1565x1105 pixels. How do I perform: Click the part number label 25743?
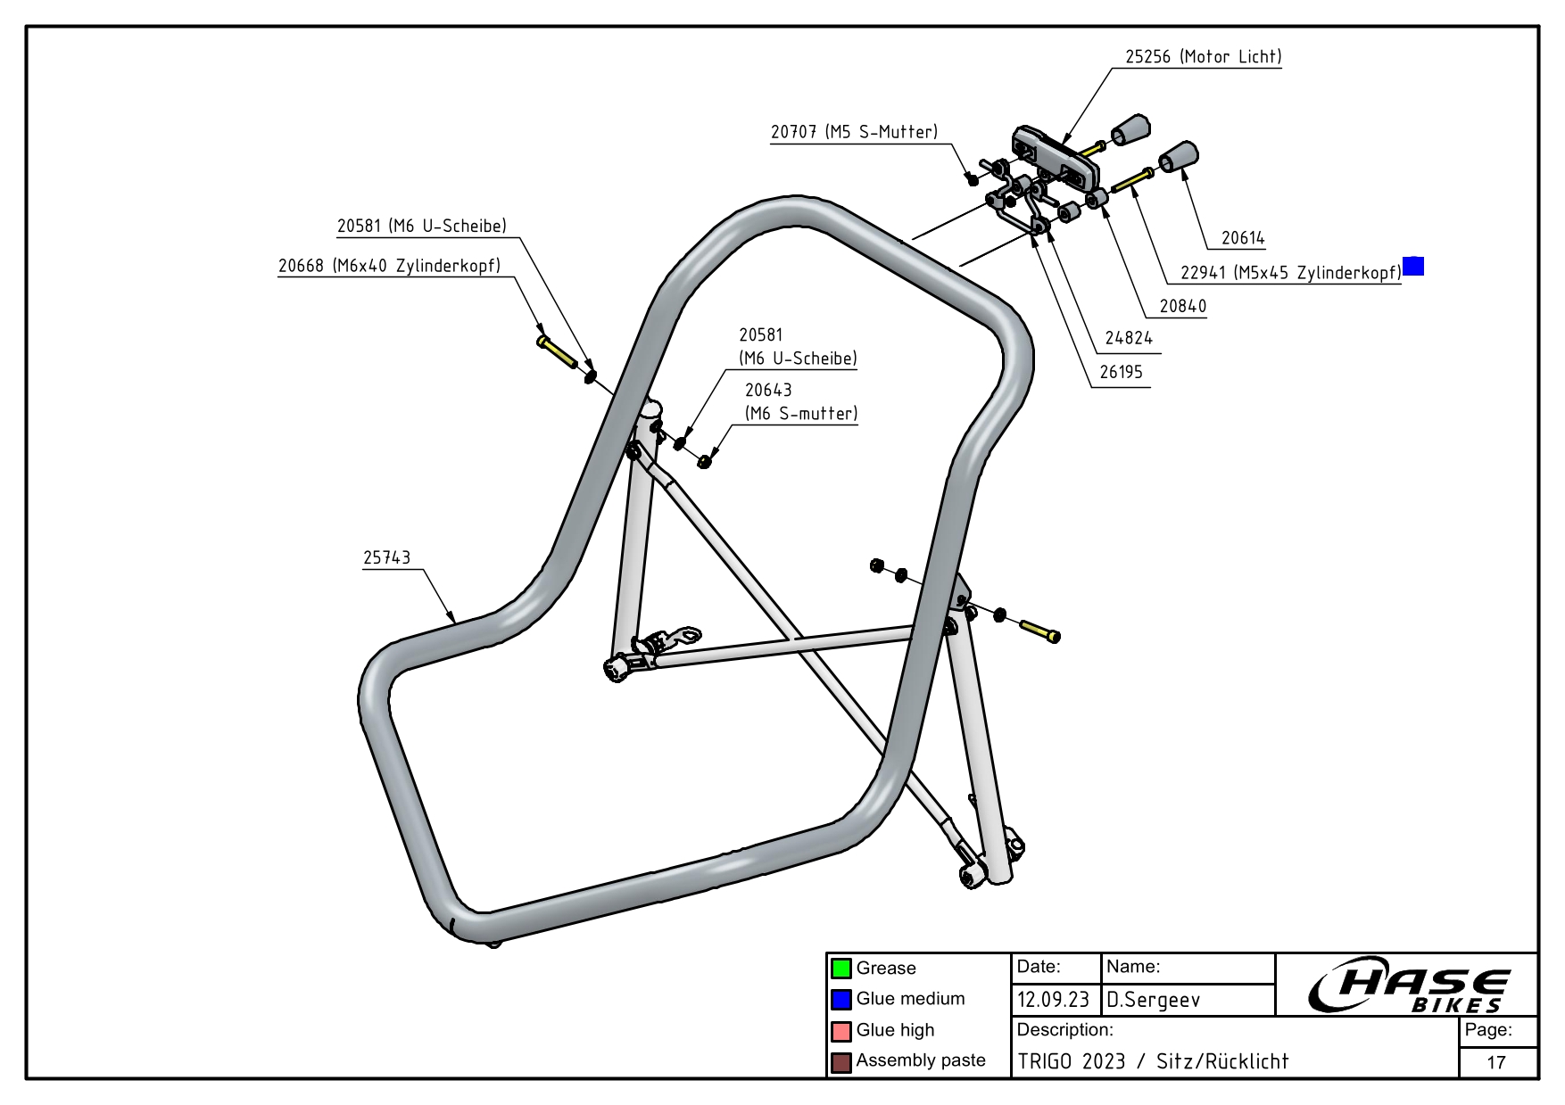[386, 557]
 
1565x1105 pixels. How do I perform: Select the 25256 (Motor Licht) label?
[1203, 57]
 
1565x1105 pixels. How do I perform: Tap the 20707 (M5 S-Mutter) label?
[854, 132]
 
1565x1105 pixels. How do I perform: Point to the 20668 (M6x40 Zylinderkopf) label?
[389, 266]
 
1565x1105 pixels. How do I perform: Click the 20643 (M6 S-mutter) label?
[800, 401]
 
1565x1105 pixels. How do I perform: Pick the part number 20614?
[1243, 238]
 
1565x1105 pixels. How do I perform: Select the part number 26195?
[1121, 373]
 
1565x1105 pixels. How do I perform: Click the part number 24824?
[1128, 338]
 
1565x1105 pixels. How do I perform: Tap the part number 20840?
[1182, 306]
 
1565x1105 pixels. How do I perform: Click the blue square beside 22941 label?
[1413, 266]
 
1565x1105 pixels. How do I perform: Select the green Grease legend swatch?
[840, 969]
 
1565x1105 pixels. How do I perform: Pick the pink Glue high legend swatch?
[840, 1031]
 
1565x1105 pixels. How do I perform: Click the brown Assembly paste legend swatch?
[840, 1062]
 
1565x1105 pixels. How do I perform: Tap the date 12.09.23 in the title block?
[1053, 1001]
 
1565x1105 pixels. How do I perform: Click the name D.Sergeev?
[1153, 1001]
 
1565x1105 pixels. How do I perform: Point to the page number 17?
[1496, 1062]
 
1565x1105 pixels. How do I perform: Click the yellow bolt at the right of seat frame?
[1039, 631]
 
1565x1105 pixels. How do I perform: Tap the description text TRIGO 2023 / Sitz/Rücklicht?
[1153, 1061]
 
